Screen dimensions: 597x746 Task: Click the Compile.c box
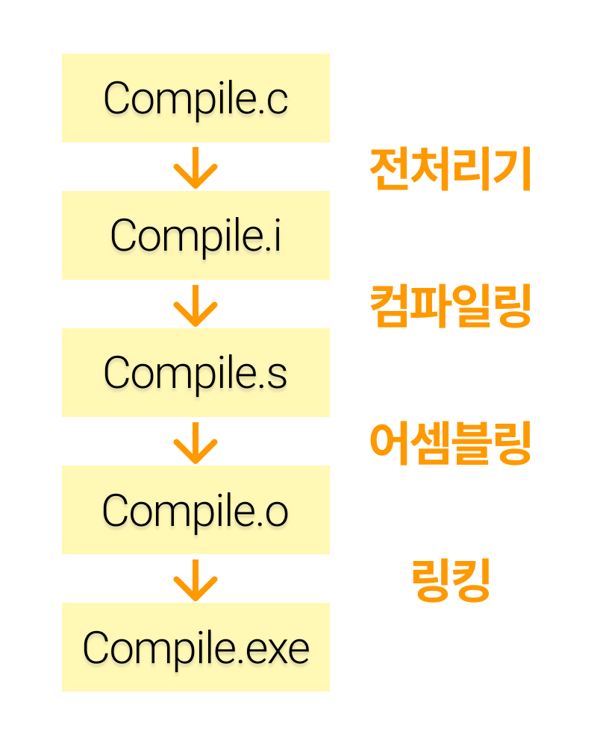(196, 98)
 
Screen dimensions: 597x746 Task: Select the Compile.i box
(196, 235)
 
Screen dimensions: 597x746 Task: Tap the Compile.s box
(196, 372)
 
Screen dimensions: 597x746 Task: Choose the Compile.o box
(196, 510)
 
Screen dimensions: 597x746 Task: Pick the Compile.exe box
(196, 647)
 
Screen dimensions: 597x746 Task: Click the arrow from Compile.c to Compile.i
(196, 167)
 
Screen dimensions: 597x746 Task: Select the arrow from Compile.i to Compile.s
(196, 304)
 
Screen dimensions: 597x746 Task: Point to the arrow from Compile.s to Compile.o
(196, 442)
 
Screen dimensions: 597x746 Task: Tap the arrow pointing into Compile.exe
(196, 579)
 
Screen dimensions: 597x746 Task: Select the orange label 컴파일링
(451, 307)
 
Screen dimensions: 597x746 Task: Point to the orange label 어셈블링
(451, 444)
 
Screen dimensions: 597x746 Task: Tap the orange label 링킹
(451, 581)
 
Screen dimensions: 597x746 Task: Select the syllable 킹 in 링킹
(471, 581)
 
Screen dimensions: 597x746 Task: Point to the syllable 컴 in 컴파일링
(390, 307)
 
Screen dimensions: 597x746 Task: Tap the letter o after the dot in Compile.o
(276, 512)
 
